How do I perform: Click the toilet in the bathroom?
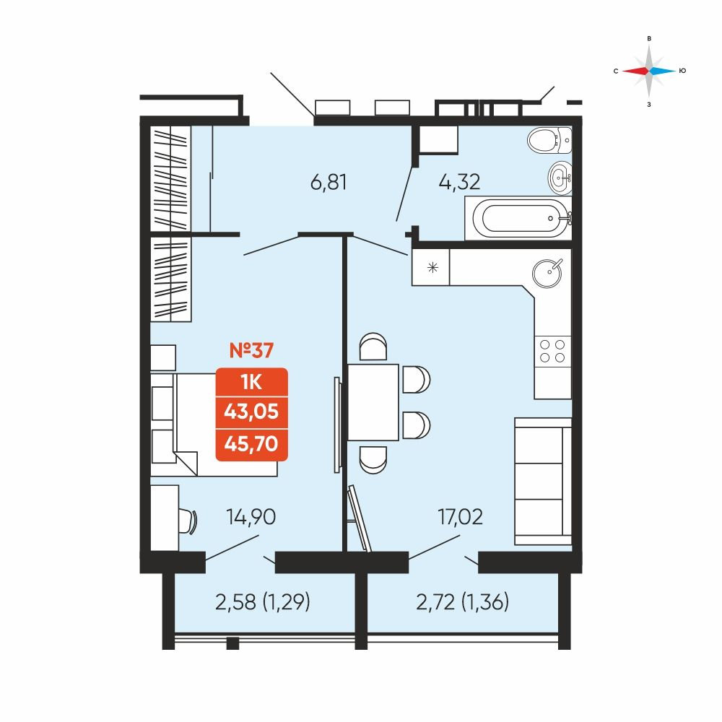(549, 139)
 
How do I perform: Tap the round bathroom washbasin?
(560, 176)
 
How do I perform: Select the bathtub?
(518, 218)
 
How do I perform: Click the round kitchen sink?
(547, 274)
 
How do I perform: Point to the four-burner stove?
(552, 351)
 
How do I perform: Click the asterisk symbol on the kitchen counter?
(432, 267)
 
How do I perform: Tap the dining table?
(373, 402)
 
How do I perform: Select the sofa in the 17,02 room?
(543, 481)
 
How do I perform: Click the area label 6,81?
(329, 183)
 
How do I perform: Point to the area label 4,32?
(459, 182)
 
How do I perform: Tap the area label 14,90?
(251, 517)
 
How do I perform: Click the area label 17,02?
(461, 517)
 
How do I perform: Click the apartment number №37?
(251, 350)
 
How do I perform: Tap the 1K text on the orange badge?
(251, 382)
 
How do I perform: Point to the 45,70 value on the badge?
(251, 443)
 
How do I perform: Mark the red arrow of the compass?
(635, 71)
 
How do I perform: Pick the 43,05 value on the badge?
(251, 412)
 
